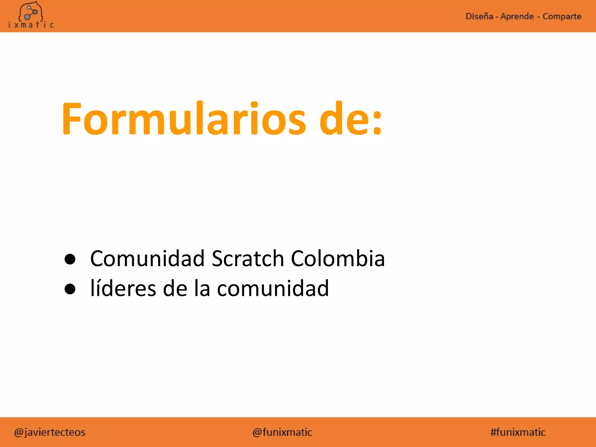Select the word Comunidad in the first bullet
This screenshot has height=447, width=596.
147,258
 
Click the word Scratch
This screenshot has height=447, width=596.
248,258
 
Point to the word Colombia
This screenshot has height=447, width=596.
338,258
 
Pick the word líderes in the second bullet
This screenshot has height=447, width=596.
123,288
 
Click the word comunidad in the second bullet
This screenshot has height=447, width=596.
273,288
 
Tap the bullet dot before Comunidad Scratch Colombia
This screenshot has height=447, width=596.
70,259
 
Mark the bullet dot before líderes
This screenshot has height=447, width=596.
70,289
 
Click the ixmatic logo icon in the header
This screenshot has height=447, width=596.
31,12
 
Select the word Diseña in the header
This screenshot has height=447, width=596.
479,16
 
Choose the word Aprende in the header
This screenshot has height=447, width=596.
517,16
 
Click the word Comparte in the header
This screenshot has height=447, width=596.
562,16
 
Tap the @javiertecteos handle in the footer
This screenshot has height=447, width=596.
50,432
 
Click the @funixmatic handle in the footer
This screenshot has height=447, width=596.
282,432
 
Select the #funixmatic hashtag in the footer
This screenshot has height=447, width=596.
518,432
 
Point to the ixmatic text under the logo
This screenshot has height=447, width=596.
31,25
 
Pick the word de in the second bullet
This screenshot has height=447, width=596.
175,288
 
